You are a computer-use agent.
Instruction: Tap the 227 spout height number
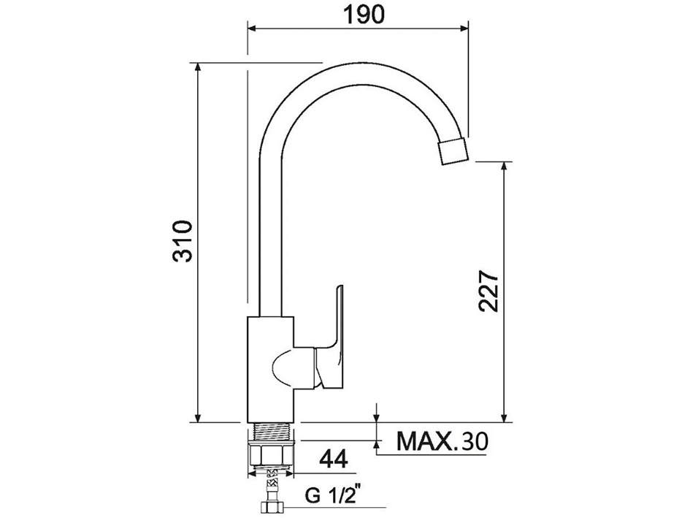coord(488,292)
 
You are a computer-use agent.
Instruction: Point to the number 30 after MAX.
coord(474,441)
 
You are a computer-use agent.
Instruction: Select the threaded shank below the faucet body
coord(272,431)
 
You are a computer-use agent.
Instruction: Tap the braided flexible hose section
coord(272,482)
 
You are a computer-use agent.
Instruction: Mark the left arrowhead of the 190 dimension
coord(253,29)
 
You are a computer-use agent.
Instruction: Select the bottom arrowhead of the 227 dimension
coord(504,417)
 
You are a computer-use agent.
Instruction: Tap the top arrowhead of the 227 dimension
coord(504,167)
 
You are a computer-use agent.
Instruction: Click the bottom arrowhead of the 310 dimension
coord(198,417)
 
